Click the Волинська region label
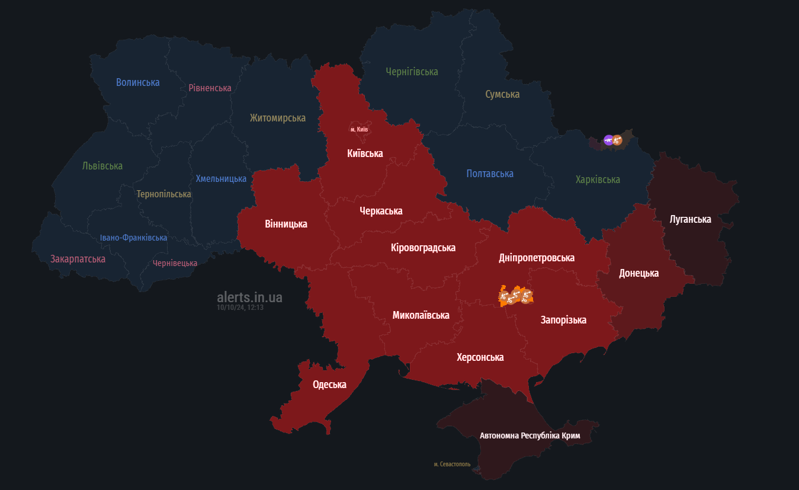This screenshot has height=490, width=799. click(x=137, y=82)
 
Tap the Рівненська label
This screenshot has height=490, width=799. click(x=210, y=88)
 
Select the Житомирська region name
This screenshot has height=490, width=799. click(x=277, y=118)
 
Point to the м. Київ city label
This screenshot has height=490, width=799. click(x=359, y=129)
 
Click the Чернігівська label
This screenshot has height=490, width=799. click(x=412, y=72)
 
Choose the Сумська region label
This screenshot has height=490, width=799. click(x=502, y=94)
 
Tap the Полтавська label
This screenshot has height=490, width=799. click(x=489, y=174)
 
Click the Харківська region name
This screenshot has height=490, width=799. click(x=598, y=180)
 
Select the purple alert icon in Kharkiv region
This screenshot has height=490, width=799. click(x=608, y=140)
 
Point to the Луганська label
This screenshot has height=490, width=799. click(x=690, y=219)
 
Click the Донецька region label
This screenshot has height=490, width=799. click(x=638, y=273)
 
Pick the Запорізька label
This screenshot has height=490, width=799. click(x=563, y=320)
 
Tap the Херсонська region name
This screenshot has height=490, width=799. click(x=480, y=357)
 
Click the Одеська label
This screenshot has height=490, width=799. click(x=329, y=385)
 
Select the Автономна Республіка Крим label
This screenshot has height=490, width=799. click(x=530, y=435)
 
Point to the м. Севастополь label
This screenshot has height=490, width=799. click(x=452, y=464)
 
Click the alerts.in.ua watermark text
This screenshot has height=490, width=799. click(x=249, y=297)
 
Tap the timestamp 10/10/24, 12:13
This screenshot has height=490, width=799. click(x=240, y=308)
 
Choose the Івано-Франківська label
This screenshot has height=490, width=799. click(x=133, y=238)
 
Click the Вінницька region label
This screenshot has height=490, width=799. click(x=286, y=224)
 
